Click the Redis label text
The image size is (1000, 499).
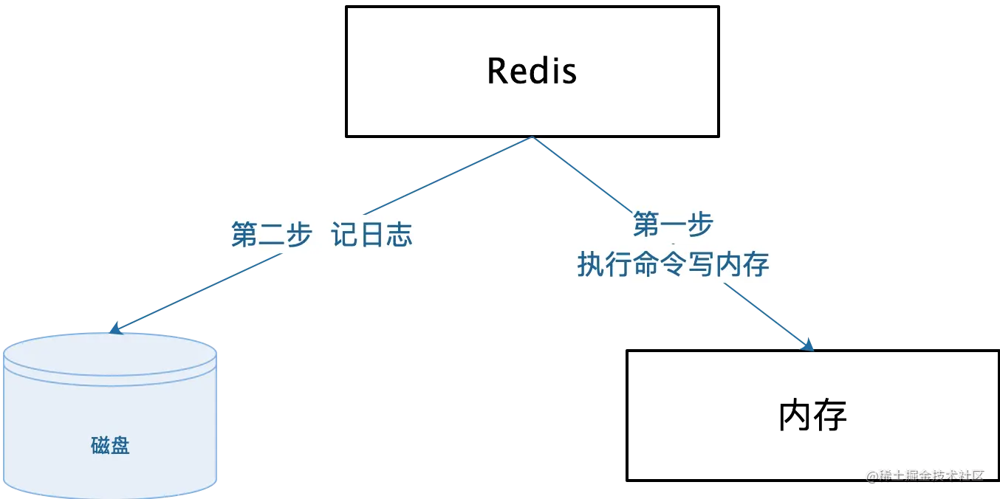click(x=531, y=71)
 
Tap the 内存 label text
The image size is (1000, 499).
click(x=814, y=416)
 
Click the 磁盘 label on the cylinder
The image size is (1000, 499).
click(x=111, y=445)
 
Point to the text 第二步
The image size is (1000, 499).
click(x=270, y=235)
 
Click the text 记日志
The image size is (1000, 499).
click(x=371, y=235)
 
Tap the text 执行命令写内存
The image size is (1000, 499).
click(x=673, y=264)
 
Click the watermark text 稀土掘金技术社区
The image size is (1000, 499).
click(x=931, y=475)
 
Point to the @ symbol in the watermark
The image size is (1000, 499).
click(x=871, y=475)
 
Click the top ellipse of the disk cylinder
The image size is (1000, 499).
click(x=110, y=352)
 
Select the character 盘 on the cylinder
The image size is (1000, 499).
click(x=120, y=445)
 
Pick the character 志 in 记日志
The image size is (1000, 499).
click(x=399, y=235)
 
